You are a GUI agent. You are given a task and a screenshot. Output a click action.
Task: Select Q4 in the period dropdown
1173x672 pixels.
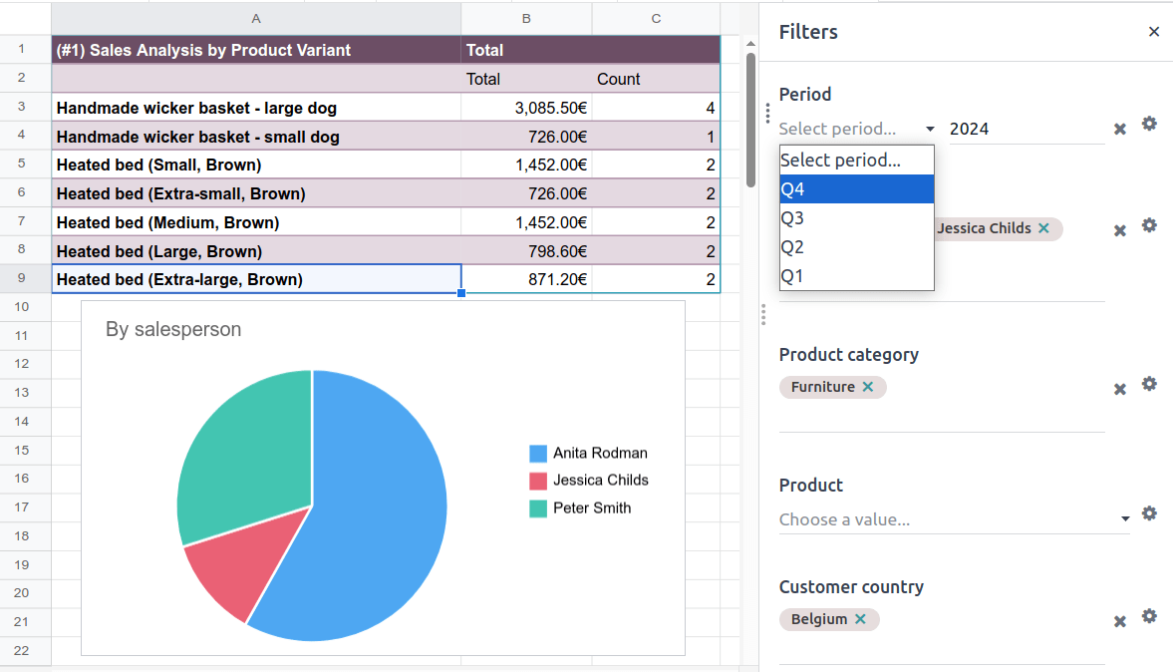click(856, 189)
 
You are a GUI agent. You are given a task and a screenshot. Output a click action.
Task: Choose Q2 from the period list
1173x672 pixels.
click(856, 247)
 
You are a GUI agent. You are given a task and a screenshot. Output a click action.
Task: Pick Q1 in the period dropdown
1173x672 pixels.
click(856, 276)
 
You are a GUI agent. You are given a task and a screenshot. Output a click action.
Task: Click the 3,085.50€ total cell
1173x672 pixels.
click(525, 108)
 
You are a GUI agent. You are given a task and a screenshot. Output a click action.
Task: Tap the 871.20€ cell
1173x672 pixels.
click(525, 280)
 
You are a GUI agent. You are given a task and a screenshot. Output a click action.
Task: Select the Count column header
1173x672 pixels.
click(619, 79)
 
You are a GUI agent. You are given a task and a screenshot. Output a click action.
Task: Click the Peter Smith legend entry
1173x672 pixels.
click(592, 507)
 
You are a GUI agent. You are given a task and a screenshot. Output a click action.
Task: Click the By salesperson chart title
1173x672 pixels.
click(173, 329)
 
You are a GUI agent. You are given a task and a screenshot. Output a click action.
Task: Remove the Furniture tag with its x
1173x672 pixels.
click(868, 387)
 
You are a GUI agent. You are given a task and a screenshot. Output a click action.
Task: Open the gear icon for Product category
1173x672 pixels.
click(1149, 384)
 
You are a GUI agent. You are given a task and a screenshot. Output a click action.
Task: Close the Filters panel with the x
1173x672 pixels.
click(1154, 32)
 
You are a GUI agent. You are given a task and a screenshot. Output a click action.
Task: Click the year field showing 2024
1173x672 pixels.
click(1025, 129)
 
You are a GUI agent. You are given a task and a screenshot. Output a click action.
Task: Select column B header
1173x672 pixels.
click(526, 18)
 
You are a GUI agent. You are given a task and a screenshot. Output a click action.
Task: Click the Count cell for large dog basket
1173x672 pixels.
click(656, 108)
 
